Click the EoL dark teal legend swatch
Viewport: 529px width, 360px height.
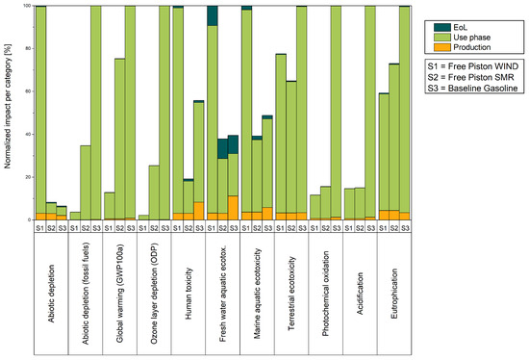click(x=442, y=28)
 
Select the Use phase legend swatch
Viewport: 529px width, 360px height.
click(x=442, y=38)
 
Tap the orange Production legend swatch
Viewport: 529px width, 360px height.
click(x=442, y=47)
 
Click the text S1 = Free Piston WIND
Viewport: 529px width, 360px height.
click(x=473, y=66)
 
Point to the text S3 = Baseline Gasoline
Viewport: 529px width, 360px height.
click(x=472, y=88)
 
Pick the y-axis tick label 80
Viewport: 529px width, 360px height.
click(x=28, y=49)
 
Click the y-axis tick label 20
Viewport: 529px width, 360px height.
click(x=28, y=177)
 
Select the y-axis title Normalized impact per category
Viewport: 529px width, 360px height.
click(x=8, y=106)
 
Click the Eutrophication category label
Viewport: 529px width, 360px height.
click(x=394, y=294)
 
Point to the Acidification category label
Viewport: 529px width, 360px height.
click(x=360, y=294)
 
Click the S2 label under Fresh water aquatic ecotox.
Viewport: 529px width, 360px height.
click(x=223, y=228)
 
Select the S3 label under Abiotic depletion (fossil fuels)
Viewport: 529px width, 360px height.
click(x=96, y=228)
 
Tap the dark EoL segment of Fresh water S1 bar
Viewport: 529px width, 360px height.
click(x=213, y=15)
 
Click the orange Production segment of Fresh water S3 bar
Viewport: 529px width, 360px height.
click(x=234, y=208)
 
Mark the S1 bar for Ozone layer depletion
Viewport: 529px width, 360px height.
click(x=143, y=218)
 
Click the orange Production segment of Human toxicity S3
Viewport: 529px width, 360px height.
click(x=199, y=211)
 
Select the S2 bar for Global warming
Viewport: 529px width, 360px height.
click(x=120, y=140)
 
